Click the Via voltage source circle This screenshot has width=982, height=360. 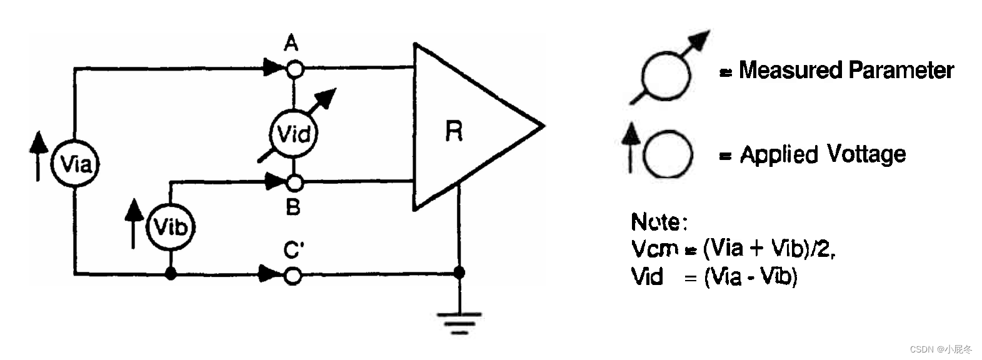75,164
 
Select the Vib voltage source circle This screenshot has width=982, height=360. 170,227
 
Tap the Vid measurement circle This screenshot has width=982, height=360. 293,134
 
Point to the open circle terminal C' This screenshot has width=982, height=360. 293,274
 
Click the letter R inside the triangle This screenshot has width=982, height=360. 454,131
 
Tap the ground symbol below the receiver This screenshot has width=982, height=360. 459,322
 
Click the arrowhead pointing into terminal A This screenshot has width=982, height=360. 274,67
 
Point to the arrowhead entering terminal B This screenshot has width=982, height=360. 274,182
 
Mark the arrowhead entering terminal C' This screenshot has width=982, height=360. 270,273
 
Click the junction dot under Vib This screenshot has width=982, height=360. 171,274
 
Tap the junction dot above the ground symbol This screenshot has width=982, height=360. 459,273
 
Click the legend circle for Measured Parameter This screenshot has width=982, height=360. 667,76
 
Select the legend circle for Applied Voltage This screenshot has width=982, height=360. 668,154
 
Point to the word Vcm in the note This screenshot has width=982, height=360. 654,249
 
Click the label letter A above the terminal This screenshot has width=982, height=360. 291,44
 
